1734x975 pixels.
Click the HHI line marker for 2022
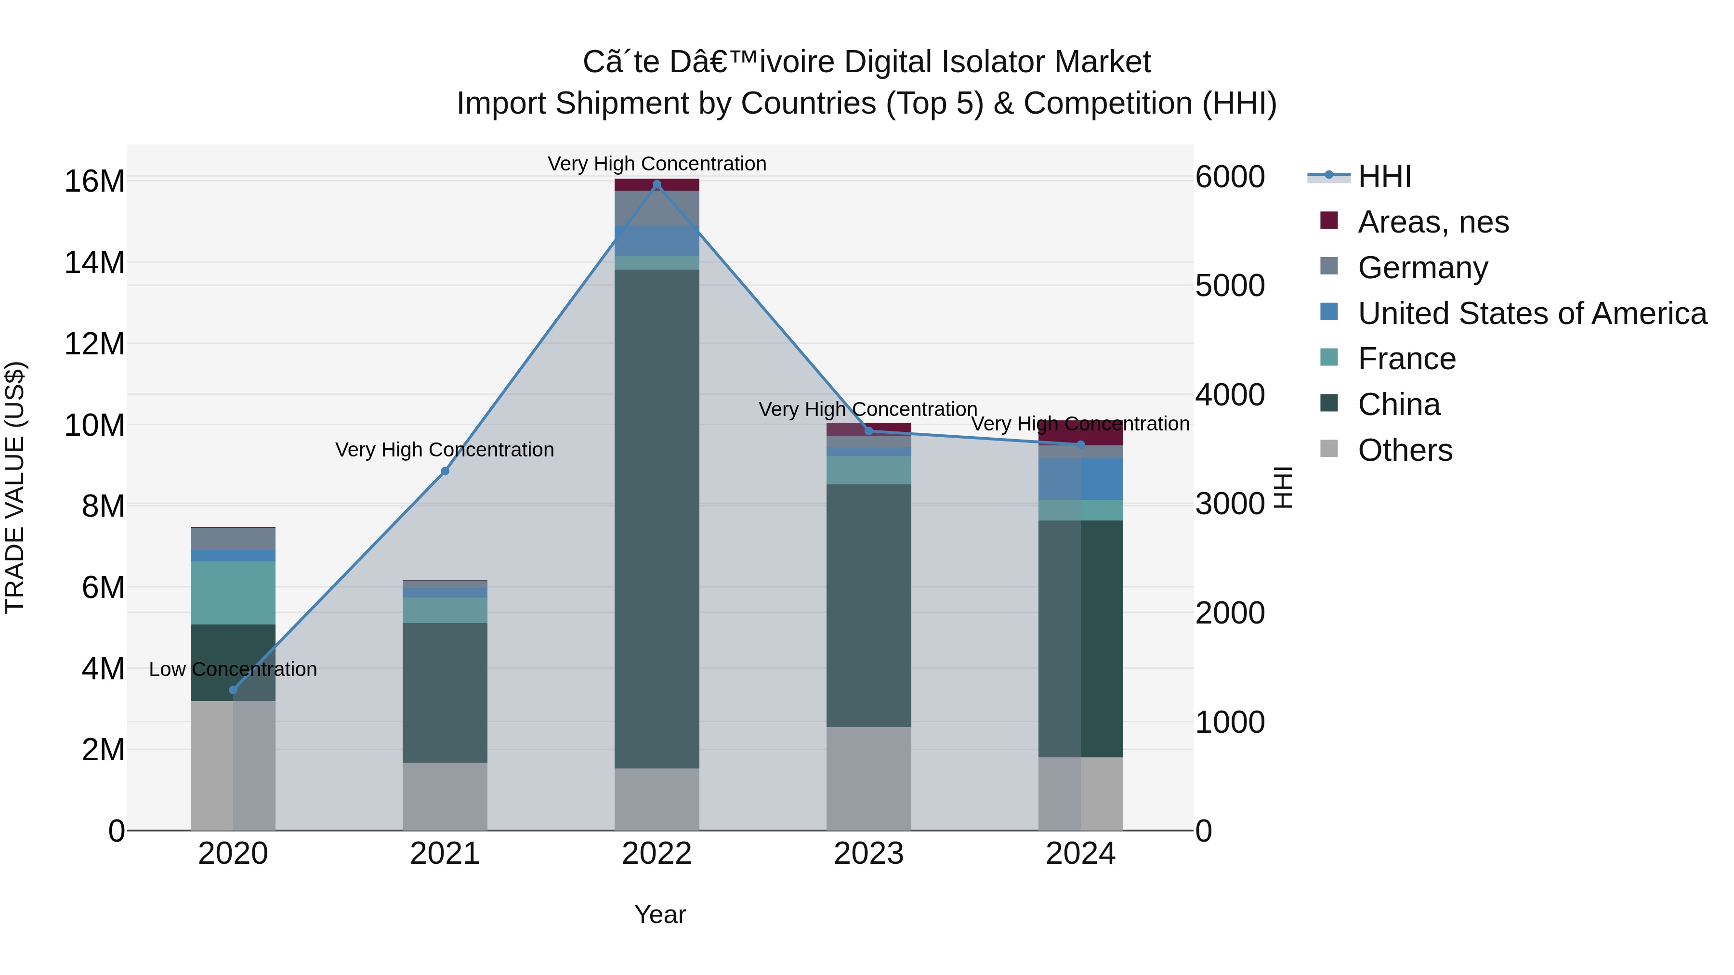click(657, 184)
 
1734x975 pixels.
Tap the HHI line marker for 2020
click(233, 689)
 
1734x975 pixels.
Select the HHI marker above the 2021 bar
click(445, 471)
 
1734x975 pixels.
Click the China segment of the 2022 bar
click(657, 518)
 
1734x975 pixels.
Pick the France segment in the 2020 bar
click(233, 593)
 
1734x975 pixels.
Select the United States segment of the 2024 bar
click(1080, 479)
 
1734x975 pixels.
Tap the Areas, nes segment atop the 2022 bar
click(657, 184)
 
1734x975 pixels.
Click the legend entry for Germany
click(1422, 268)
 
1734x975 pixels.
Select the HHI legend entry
click(1384, 176)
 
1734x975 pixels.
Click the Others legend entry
click(1405, 450)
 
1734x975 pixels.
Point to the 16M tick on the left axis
click(94, 181)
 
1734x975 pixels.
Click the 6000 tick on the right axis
click(1230, 177)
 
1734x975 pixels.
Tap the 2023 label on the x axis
click(868, 854)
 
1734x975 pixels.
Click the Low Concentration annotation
click(233, 670)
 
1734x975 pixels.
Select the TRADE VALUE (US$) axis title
click(15, 487)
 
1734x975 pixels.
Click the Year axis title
click(660, 914)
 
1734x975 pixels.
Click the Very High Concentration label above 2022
click(657, 164)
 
